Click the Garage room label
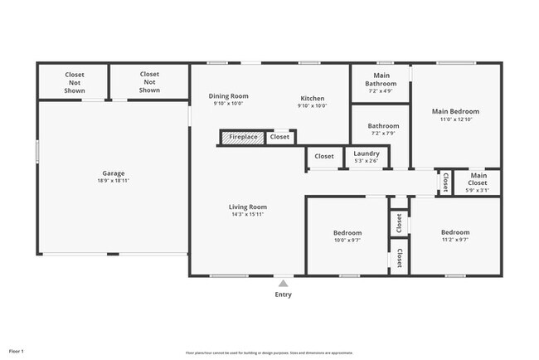tap(113, 173)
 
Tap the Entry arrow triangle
tap(283, 284)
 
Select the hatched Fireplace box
tap(242, 137)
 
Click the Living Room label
tap(248, 207)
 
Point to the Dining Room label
tap(228, 96)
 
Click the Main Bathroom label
tap(381, 79)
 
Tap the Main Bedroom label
tap(455, 111)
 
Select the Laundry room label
tap(366, 153)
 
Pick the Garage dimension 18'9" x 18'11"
tap(113, 181)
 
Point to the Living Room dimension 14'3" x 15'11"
tap(248, 214)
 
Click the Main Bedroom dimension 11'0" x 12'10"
tap(455, 119)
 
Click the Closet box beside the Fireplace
tap(280, 137)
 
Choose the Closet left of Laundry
tap(323, 156)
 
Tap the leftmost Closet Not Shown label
tap(75, 82)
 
